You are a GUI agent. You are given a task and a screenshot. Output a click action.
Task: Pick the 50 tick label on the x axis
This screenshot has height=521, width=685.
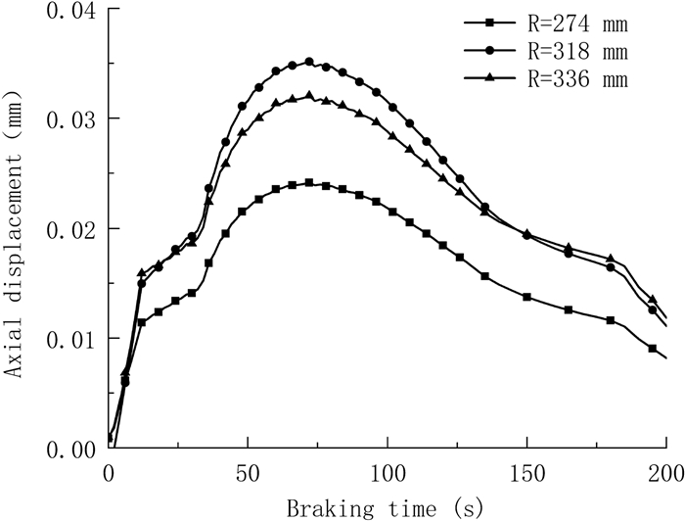point(248,474)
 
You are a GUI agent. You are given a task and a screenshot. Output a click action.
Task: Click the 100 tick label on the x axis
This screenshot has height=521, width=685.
point(388,474)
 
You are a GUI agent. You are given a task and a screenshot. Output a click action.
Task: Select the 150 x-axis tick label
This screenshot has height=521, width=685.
point(526,474)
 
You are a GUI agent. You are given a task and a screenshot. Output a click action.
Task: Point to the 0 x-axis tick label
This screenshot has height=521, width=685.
point(109,474)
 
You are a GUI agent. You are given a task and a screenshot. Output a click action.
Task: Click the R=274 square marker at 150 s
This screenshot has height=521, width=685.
point(526,297)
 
